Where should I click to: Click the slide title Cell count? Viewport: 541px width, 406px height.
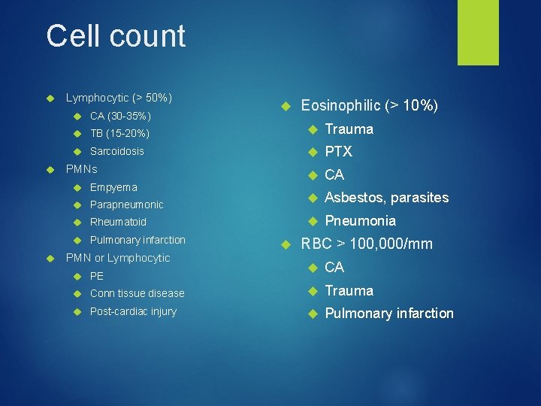pyautogui.click(x=116, y=36)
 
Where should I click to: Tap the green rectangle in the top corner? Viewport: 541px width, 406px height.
pyautogui.click(x=479, y=32)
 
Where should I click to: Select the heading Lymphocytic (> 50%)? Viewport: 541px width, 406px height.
pyautogui.click(x=119, y=98)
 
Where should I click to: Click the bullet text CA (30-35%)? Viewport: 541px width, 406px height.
pyautogui.click(x=120, y=116)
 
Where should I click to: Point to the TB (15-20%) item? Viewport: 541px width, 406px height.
pyautogui.click(x=119, y=133)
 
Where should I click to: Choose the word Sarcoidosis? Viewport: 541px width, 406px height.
pyautogui.click(x=116, y=151)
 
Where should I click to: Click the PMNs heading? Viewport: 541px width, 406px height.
pyautogui.click(x=82, y=169)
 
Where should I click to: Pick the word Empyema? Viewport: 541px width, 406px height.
pyautogui.click(x=113, y=186)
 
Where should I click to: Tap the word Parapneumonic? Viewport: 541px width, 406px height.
pyautogui.click(x=126, y=205)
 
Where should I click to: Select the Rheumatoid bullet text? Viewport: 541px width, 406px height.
pyautogui.click(x=118, y=222)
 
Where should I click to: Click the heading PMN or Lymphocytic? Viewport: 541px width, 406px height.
pyautogui.click(x=118, y=258)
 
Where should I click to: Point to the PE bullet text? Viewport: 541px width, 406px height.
pyautogui.click(x=97, y=276)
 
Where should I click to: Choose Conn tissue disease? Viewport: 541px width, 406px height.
pyautogui.click(x=137, y=293)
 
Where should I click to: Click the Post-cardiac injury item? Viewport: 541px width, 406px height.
pyautogui.click(x=133, y=311)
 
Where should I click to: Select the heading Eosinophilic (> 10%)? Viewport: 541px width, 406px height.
pyautogui.click(x=369, y=106)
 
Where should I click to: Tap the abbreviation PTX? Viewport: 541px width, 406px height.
pyautogui.click(x=338, y=152)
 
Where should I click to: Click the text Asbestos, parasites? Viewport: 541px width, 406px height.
pyautogui.click(x=386, y=198)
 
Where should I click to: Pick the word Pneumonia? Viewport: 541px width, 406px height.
pyautogui.click(x=360, y=221)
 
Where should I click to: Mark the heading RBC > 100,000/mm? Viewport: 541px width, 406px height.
pyautogui.click(x=367, y=244)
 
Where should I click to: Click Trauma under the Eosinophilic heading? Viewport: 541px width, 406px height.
pyautogui.click(x=349, y=129)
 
